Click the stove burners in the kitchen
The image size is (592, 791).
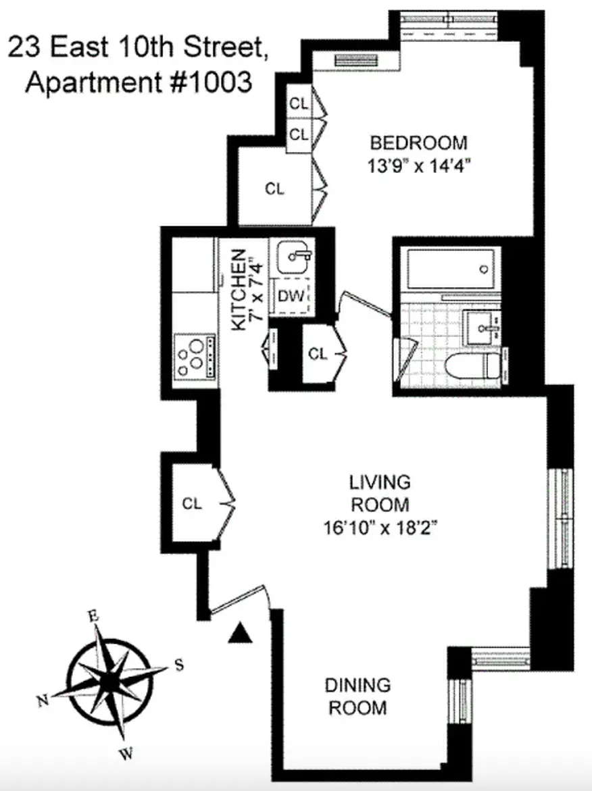192,356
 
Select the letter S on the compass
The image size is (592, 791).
179,665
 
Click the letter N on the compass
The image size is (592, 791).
42,702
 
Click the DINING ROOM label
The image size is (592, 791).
357,696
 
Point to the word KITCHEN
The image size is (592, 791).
238,290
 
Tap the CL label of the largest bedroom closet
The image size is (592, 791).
274,189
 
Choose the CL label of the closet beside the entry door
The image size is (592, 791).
193,503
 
